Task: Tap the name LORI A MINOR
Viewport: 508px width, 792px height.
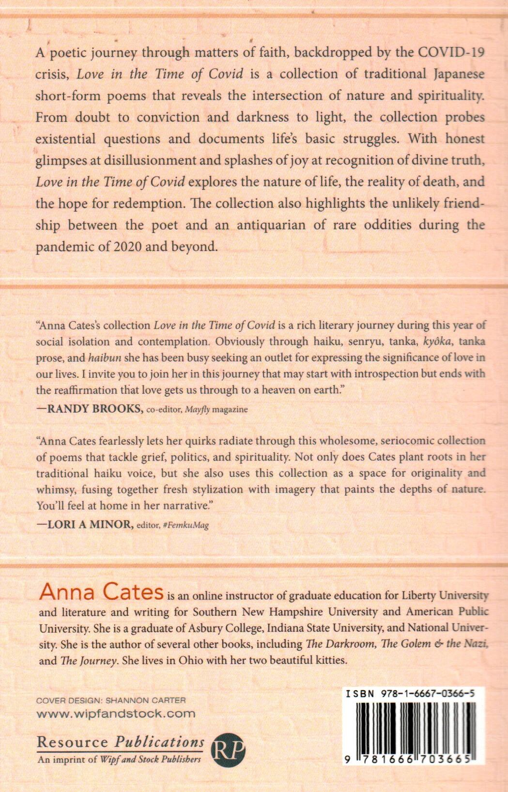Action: [90, 524]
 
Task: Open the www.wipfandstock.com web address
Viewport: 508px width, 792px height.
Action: [116, 714]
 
